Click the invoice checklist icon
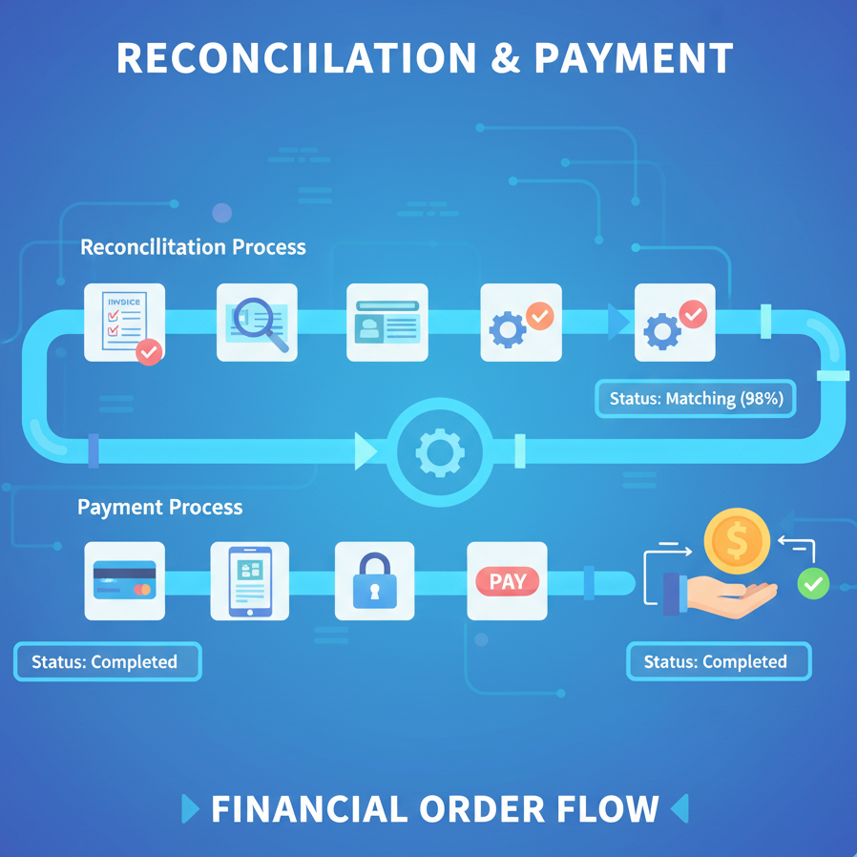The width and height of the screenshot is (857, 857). [124, 323]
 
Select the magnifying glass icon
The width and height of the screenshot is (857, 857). [257, 323]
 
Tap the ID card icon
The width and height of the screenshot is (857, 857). [387, 323]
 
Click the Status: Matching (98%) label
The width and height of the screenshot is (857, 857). [697, 399]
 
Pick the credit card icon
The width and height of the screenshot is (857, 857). [124, 581]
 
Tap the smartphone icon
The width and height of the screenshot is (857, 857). [250, 581]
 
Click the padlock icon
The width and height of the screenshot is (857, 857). [374, 581]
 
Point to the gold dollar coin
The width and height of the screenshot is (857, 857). [736, 541]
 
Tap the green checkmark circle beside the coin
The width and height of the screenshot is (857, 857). [813, 582]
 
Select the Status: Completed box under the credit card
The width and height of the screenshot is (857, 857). [107, 661]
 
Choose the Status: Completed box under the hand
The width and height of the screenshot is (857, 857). [718, 661]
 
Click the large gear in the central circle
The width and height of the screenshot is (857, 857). [440, 452]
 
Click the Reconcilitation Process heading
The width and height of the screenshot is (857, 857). [193, 247]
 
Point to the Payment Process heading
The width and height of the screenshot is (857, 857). [159, 507]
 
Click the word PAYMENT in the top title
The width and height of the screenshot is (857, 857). [633, 59]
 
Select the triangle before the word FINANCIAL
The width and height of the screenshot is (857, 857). [190, 810]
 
